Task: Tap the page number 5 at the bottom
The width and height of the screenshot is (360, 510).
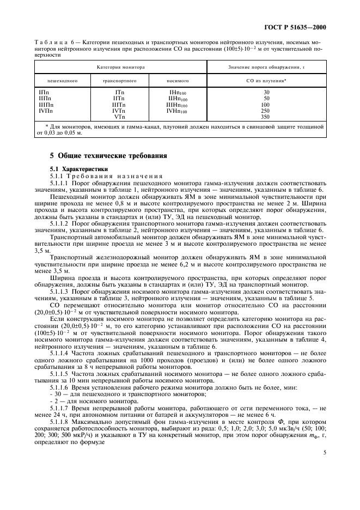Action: click(324, 452)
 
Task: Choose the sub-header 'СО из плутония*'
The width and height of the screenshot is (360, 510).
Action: click(266, 81)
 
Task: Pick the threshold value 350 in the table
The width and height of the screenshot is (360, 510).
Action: click(266, 117)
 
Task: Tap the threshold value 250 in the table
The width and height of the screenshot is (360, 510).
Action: click(266, 111)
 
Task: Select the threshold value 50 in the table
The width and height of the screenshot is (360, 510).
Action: click(266, 99)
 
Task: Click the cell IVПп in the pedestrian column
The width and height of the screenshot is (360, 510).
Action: click(46, 111)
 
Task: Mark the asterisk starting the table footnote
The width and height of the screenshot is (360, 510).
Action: click(47, 126)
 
